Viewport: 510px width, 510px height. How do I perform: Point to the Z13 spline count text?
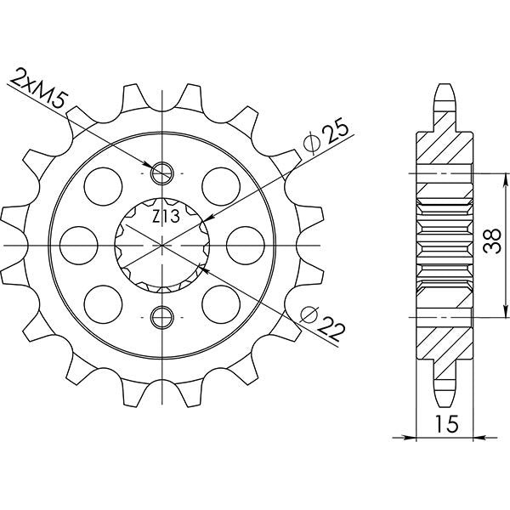click(165, 217)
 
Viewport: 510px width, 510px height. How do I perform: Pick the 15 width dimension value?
click(445, 422)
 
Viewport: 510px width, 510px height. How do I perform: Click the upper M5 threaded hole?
click(161, 173)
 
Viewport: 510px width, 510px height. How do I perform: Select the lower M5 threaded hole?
click(161, 318)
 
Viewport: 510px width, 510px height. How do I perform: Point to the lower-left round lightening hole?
click(100, 302)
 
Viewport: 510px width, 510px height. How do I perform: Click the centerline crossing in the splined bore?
click(161, 245)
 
